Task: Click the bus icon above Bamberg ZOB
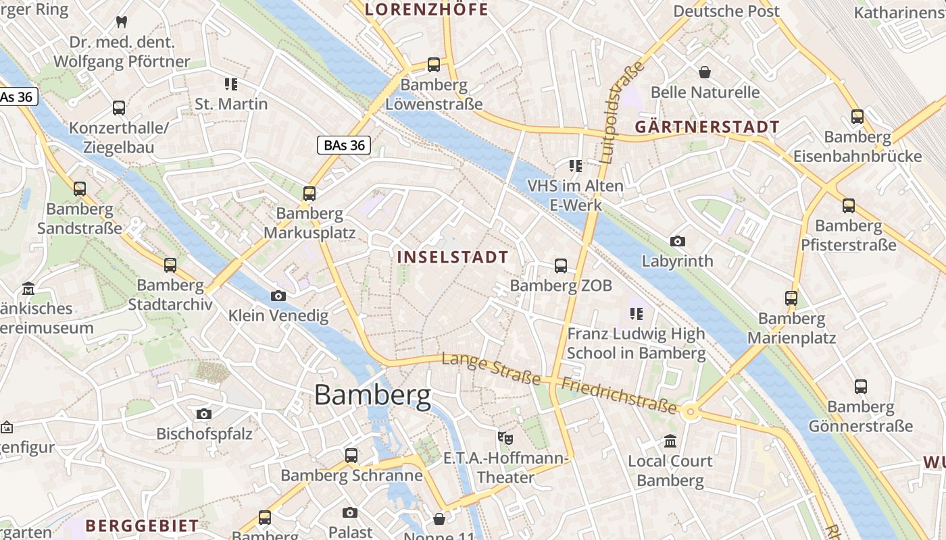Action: point(561,266)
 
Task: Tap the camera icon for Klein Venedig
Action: point(278,296)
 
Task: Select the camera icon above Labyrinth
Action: point(677,241)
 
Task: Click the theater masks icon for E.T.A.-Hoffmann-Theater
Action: point(504,437)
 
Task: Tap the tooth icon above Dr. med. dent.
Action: point(122,22)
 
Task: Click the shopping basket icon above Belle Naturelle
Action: point(705,72)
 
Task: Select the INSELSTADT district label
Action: point(452,257)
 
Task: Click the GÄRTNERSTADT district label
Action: point(707,127)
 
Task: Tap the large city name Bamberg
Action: point(372,395)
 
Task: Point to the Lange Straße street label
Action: point(491,369)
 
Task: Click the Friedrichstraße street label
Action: point(619,394)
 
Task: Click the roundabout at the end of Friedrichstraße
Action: point(690,411)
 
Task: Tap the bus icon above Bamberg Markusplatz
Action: point(309,194)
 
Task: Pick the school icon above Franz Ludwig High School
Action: point(635,313)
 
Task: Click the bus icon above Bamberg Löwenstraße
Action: point(434,65)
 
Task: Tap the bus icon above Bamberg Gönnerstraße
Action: point(860,387)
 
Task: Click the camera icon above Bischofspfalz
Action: point(203,414)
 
